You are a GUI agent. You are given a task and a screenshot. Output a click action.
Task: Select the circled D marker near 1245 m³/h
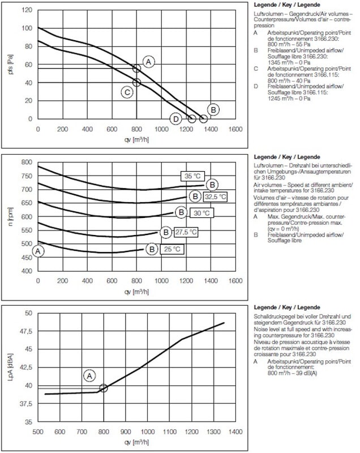pyautogui.click(x=176, y=119)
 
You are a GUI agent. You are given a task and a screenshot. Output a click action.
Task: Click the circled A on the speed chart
pyautogui.click(x=38, y=250)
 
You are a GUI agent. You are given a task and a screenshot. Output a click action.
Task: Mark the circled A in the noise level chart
pyautogui.click(x=90, y=375)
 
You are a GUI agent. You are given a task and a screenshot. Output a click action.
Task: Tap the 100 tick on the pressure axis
pyautogui.click(x=27, y=28)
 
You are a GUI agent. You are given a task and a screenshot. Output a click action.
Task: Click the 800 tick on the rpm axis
pyautogui.click(x=26, y=162)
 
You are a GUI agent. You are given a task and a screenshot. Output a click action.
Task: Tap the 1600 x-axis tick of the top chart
pyautogui.click(x=234, y=129)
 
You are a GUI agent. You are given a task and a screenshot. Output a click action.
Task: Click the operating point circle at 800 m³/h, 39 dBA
pyautogui.click(x=103, y=388)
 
